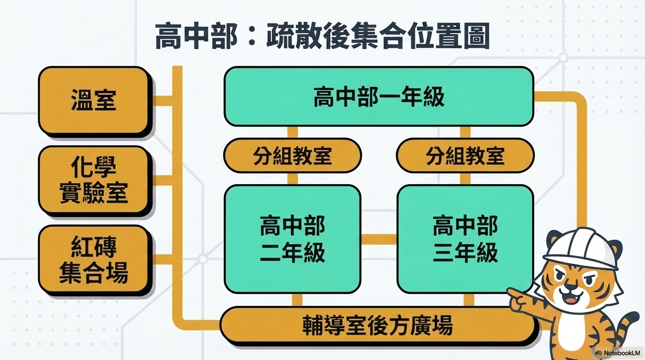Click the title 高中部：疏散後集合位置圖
click(x=322, y=36)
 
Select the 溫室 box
click(x=94, y=100)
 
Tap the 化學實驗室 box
click(x=94, y=180)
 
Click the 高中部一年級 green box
click(x=379, y=97)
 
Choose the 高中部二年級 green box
click(x=292, y=239)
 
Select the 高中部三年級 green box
click(x=465, y=239)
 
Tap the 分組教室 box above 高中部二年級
click(x=292, y=155)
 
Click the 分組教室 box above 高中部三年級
click(x=465, y=155)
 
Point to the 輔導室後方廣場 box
click(x=378, y=324)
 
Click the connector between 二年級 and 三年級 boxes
click(x=379, y=239)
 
